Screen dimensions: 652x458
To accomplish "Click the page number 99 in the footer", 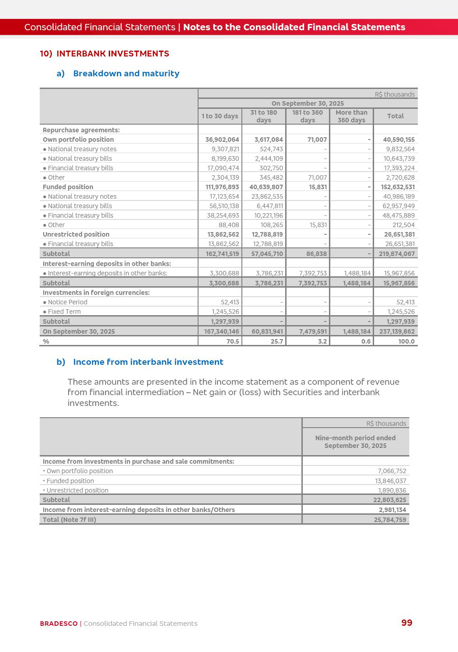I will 407,623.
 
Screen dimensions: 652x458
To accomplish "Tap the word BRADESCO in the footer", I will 59,624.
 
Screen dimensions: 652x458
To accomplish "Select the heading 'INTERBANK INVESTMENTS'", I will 113,54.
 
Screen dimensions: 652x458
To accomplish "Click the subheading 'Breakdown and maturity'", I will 126,74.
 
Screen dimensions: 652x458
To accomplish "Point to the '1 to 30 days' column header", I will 220,116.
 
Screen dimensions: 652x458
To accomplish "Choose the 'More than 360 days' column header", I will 352,116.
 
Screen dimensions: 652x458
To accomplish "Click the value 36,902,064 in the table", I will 222,140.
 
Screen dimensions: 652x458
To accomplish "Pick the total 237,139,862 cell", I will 396,331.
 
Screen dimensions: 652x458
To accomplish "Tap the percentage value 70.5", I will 232,341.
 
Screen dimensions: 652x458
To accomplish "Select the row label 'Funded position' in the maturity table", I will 68,187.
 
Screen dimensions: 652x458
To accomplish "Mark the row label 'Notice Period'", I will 67,302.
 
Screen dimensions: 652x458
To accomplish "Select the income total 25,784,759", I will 390,520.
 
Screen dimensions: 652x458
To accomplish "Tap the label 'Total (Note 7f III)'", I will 69,520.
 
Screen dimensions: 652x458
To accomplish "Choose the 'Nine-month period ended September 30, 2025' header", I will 355,442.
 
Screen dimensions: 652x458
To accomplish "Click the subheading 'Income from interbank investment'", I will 148,362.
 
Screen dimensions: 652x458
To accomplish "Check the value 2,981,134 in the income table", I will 392,510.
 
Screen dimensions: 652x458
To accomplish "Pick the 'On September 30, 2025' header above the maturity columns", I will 307,103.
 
